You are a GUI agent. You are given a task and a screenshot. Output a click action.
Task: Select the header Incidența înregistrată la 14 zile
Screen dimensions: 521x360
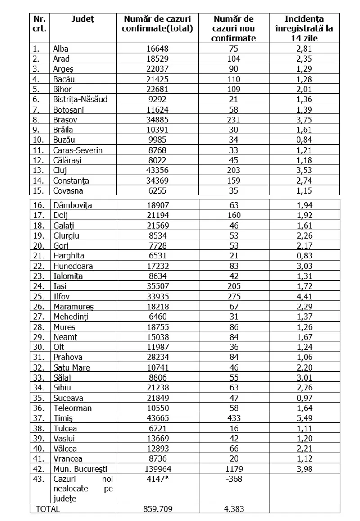tap(304, 28)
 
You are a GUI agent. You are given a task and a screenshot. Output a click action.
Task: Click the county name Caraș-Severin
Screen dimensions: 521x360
tap(78, 150)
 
